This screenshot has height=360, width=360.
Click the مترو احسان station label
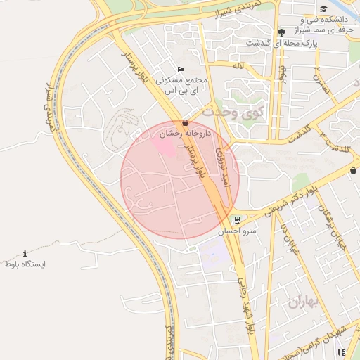click(237, 231)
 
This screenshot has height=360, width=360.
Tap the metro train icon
click(237, 219)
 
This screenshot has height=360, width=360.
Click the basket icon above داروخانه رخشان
click(185, 123)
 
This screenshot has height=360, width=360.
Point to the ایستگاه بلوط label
click(25, 264)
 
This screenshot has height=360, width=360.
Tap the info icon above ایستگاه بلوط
click(25, 253)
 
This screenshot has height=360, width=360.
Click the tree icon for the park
click(281, 32)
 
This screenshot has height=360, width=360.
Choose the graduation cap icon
click(323, 9)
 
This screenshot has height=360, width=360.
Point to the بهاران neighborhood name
click(303, 302)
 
